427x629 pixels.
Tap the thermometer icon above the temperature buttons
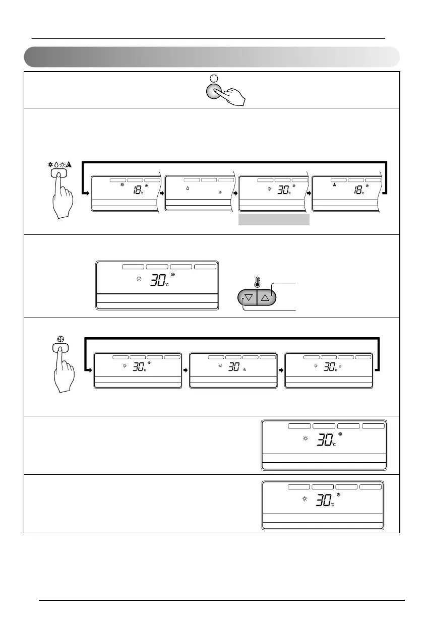click(x=258, y=282)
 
